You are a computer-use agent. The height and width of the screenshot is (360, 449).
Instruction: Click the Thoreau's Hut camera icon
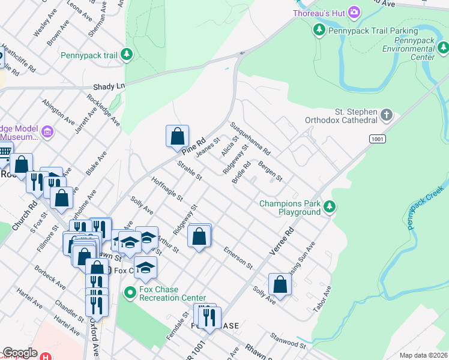354,12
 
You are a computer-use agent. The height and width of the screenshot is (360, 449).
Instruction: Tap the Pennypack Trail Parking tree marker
320,30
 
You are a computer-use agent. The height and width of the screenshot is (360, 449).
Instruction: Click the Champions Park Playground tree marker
329,208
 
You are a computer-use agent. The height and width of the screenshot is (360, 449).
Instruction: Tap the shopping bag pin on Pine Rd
178,136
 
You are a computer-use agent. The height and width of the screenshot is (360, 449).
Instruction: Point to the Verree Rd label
282,241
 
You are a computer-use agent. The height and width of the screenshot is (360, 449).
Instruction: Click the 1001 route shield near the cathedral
376,139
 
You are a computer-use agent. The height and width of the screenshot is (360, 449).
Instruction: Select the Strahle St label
189,170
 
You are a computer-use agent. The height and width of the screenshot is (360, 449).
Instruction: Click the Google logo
20,353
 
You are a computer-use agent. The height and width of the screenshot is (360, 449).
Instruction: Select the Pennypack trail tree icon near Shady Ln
126,55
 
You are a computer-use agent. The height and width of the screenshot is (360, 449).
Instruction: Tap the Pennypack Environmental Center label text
408,49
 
